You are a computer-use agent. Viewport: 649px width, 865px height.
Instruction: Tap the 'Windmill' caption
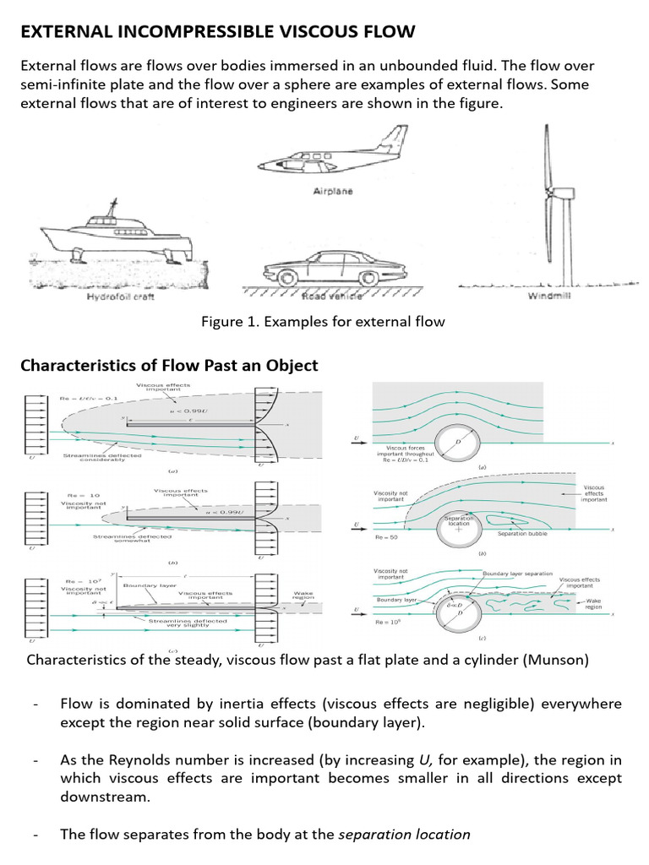(549, 296)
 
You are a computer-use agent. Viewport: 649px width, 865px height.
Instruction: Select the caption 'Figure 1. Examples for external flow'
(322, 322)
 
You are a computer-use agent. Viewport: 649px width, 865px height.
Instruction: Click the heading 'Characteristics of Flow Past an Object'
(169, 366)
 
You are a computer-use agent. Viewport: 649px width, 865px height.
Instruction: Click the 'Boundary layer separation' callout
(517, 574)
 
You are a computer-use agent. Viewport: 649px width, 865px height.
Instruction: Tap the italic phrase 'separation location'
(404, 835)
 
